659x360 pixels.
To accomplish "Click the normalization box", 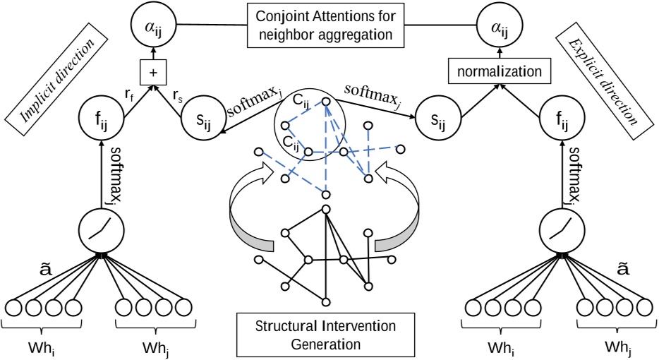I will click(x=490, y=72).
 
